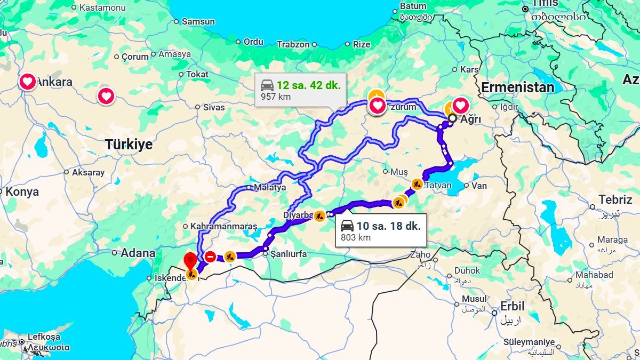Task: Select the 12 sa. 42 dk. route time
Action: (x=308, y=85)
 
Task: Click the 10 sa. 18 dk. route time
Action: (x=389, y=226)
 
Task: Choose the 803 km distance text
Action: (x=356, y=237)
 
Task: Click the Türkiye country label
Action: (x=129, y=145)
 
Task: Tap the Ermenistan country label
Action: (x=517, y=87)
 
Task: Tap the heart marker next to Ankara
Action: (x=28, y=82)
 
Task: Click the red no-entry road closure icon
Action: (x=210, y=257)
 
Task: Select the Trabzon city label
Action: (x=293, y=45)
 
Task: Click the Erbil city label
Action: (x=513, y=307)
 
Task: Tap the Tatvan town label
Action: (x=438, y=186)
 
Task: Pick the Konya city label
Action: (x=22, y=192)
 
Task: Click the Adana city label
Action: (x=138, y=253)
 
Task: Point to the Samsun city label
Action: (x=198, y=22)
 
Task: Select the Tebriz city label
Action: (x=615, y=199)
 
